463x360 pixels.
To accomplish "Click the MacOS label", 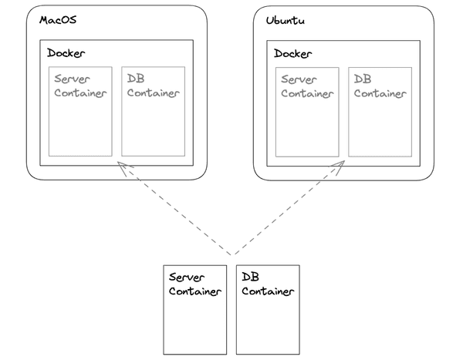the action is coord(58,20).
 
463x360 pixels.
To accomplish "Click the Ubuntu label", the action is coord(286,21).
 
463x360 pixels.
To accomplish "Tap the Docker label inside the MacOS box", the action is coord(66,53).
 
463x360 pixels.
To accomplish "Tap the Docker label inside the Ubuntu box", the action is coord(293,54).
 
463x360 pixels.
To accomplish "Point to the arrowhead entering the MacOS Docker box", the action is coord(123,167).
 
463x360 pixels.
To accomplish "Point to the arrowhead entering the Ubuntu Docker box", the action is coord(340,166).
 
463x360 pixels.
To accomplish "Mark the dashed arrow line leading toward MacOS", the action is coord(174,208).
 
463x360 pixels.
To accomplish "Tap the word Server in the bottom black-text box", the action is coord(187,278).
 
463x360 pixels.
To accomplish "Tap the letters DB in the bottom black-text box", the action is coord(250,277).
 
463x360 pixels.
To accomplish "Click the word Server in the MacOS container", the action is coord(72,79).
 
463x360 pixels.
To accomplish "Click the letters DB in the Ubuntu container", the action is coord(363,79).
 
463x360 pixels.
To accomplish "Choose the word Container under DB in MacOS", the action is coord(154,93).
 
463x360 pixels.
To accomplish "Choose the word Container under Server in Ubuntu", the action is coord(307,94).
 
